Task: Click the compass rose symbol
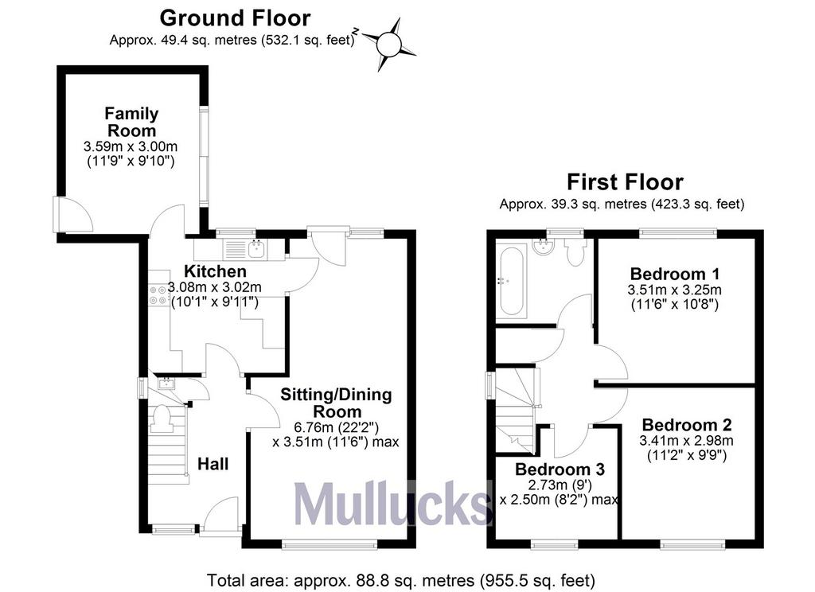click(388, 44)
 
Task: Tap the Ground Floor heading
click(235, 18)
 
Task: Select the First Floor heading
click(625, 182)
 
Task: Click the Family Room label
click(131, 122)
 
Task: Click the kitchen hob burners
click(158, 294)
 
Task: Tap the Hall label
click(213, 464)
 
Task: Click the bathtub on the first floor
click(512, 281)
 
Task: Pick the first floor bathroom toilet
click(575, 252)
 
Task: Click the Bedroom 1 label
click(675, 274)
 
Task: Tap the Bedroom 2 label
click(687, 425)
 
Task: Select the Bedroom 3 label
click(560, 469)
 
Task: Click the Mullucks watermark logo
click(392, 503)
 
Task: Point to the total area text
click(401, 580)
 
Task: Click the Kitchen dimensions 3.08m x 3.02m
click(215, 287)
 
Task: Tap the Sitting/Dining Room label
click(336, 403)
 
